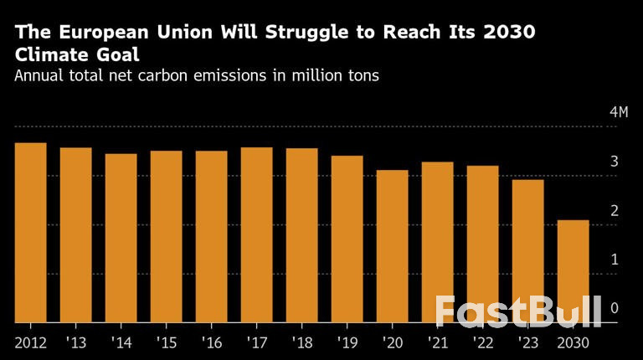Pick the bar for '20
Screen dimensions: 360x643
coord(392,246)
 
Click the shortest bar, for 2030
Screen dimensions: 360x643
coord(573,271)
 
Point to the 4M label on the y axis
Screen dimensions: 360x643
coord(618,113)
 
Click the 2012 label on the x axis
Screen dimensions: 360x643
coord(30,343)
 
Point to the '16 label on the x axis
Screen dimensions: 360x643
coord(211,343)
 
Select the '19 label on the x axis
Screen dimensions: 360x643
coord(347,343)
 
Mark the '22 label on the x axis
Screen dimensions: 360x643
coord(482,343)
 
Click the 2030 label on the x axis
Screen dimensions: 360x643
coord(573,343)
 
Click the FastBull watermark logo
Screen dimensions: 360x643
coord(517,311)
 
